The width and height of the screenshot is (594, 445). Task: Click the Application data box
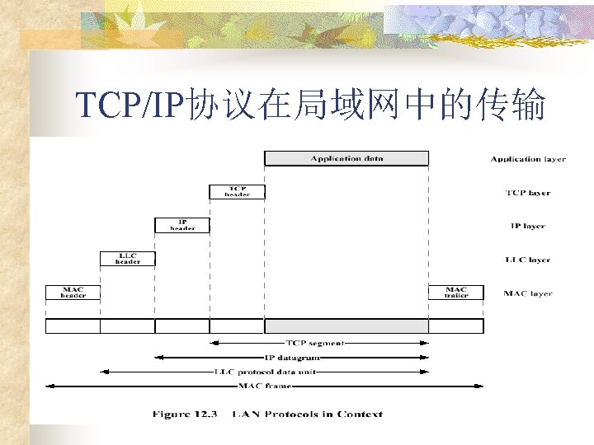point(346,158)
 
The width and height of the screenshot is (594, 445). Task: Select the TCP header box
point(237,191)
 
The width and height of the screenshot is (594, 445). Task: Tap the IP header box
point(182,225)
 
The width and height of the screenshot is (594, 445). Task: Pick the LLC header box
point(127,259)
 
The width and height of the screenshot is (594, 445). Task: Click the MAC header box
point(73,293)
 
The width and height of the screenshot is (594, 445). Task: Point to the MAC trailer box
point(455,293)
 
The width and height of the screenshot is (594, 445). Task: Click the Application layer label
point(528,159)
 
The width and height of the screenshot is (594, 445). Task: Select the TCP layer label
point(528,193)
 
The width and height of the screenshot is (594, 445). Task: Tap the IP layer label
point(528,226)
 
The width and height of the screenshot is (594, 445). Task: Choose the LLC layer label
point(528,260)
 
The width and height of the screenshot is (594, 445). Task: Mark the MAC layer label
point(528,293)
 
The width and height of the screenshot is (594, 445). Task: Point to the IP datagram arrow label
point(292,357)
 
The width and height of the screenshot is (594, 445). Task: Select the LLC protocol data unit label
point(265,372)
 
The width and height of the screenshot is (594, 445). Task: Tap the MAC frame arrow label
point(264,386)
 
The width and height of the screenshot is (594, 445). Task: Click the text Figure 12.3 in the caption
point(183,414)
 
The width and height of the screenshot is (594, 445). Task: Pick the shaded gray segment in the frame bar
point(346,326)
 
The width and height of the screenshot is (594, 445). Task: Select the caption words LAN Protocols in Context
point(308,414)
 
